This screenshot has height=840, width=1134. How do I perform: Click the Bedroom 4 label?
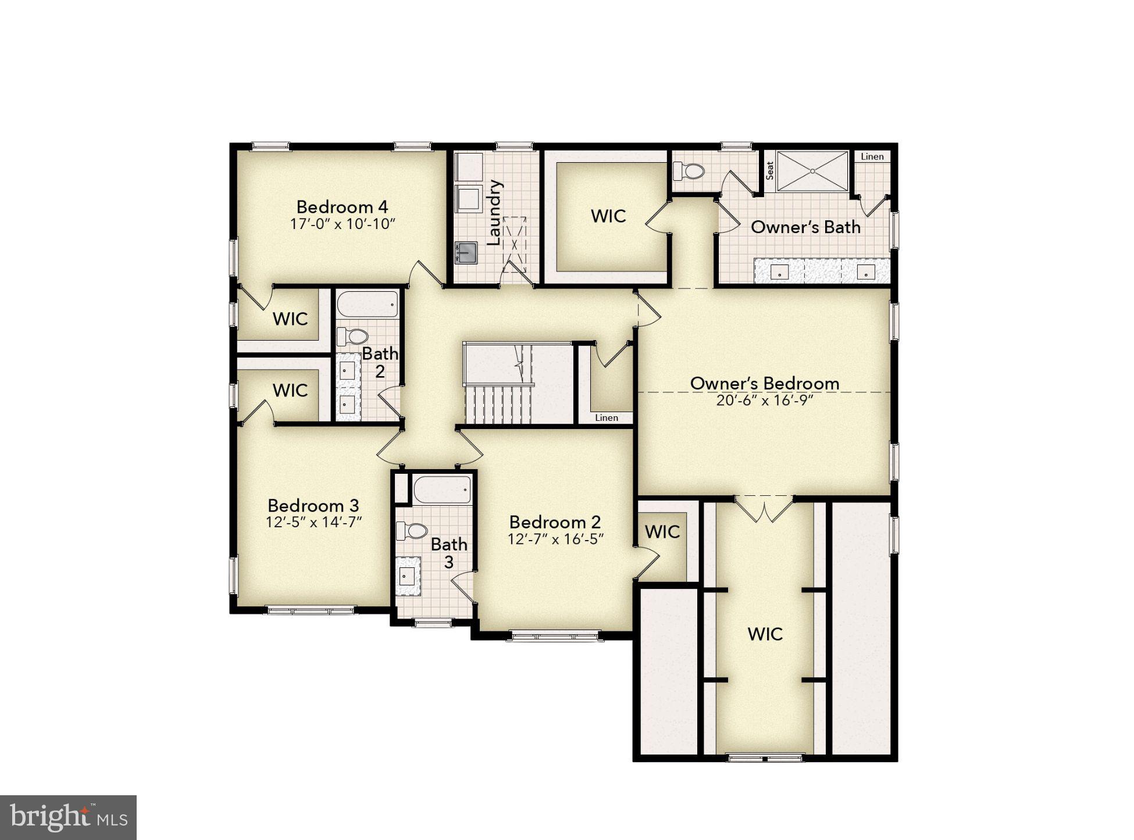coord(342,207)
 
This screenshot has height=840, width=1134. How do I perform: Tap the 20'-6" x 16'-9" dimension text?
coord(764,401)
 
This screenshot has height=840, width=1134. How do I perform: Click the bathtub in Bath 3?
coord(442,490)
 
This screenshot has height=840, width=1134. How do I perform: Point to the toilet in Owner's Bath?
coord(689,171)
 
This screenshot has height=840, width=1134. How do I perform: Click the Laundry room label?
coord(494,213)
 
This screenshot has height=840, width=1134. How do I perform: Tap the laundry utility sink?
coord(466,253)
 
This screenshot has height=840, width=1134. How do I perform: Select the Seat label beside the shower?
coord(769,170)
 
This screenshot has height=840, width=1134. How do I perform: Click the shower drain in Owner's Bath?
coord(812,171)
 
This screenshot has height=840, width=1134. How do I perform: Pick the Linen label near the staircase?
coord(606,417)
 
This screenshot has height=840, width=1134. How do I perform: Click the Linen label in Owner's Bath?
coord(872,156)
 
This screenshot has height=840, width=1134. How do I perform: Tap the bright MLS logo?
coord(68,817)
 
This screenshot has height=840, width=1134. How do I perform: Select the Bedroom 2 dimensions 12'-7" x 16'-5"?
coord(555,539)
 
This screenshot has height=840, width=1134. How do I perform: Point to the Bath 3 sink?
coord(408,576)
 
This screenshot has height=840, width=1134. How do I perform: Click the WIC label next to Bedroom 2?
coord(662,531)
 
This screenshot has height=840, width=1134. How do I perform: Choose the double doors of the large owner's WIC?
coord(764,509)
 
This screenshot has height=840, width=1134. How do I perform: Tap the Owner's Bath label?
coord(805,227)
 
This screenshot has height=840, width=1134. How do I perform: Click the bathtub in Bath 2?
coord(368,304)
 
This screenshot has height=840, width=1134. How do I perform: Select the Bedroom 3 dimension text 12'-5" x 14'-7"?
coord(313,523)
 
